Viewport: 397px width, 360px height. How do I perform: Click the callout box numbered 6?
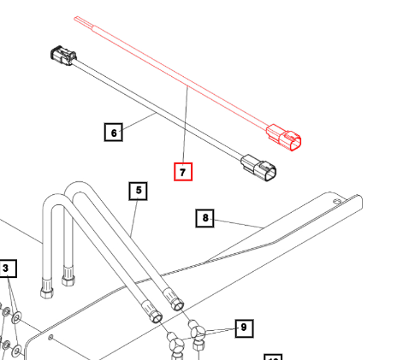tap(113, 133)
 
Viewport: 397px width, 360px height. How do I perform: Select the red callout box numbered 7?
tap(183, 171)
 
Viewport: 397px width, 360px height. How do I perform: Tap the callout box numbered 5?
tap(138, 191)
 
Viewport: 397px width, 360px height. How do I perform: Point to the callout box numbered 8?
tap(205, 218)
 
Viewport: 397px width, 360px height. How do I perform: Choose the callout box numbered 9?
tap(243, 327)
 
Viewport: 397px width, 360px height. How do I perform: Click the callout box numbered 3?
tap(7, 269)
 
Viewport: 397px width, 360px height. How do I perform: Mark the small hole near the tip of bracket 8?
tap(344, 201)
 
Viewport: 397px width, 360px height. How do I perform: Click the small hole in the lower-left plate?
tap(52, 339)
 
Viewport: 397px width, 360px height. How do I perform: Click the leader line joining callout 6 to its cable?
tap(139, 121)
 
